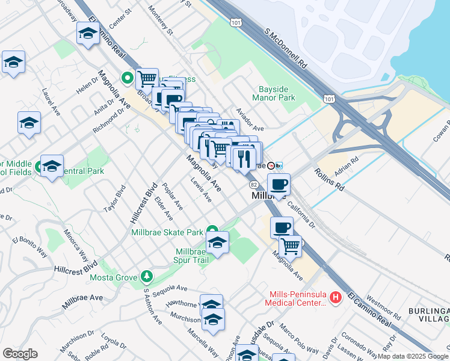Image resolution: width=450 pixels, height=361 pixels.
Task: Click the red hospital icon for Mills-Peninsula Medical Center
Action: coord(336,297)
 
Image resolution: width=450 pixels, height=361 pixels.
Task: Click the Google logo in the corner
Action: coord(20,354)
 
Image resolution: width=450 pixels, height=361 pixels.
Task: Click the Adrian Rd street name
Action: coord(347,168)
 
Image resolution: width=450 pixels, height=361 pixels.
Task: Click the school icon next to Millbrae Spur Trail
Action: coord(217,242)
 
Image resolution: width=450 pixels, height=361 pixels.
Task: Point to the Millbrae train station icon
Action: coord(271,165)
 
